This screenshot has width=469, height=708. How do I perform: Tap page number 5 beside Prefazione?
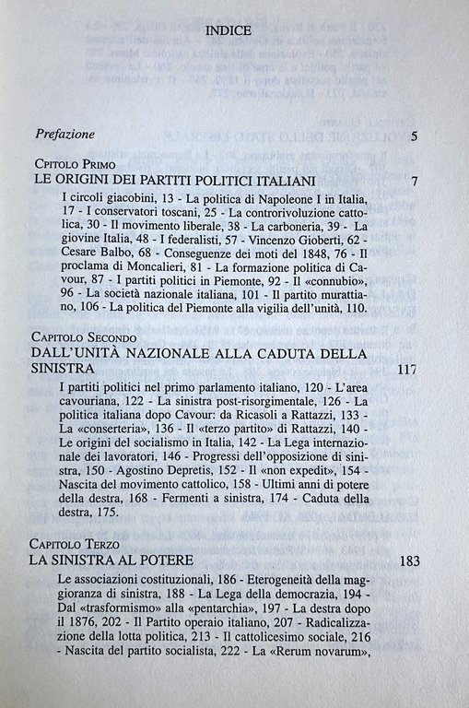[415, 137]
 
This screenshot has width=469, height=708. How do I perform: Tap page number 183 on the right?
[405, 561]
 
